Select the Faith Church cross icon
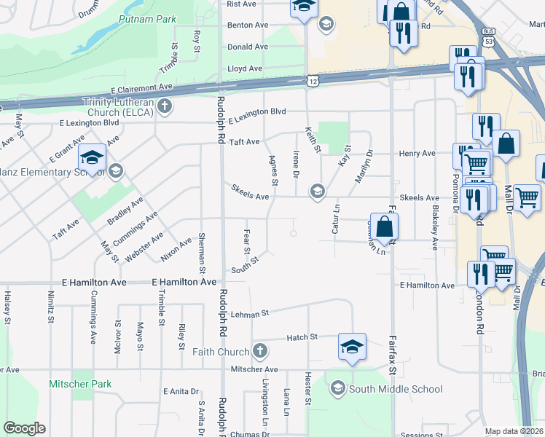point(262,352)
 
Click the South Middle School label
point(395,389)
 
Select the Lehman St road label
point(250,313)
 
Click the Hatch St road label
point(302,337)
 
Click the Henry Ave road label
point(417,154)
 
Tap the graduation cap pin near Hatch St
point(352,347)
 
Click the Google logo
point(25,428)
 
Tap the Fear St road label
point(246,236)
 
